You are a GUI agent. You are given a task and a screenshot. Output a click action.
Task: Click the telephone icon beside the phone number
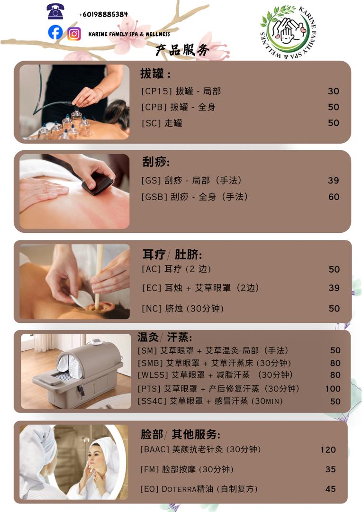(55, 11)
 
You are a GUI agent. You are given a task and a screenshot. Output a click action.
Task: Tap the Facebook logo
(55, 32)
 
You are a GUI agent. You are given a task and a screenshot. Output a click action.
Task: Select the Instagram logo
(74, 34)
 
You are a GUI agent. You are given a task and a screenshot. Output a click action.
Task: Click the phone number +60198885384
(103, 14)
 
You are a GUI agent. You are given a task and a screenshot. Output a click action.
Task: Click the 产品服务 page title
(182, 50)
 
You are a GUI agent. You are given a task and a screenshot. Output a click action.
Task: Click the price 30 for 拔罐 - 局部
(334, 91)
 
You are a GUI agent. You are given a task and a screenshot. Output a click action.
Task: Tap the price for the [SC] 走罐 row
(334, 123)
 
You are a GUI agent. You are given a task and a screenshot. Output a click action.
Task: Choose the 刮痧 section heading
(156, 162)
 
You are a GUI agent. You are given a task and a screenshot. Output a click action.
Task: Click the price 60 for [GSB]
(334, 196)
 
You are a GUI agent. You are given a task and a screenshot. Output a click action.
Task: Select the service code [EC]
(152, 288)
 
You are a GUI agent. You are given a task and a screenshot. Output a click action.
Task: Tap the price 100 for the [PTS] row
(333, 389)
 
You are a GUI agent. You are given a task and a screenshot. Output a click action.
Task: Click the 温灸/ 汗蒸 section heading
(164, 338)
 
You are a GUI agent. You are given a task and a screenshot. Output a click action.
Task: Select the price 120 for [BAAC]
(328, 449)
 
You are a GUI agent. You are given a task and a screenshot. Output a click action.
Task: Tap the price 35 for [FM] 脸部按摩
(331, 469)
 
